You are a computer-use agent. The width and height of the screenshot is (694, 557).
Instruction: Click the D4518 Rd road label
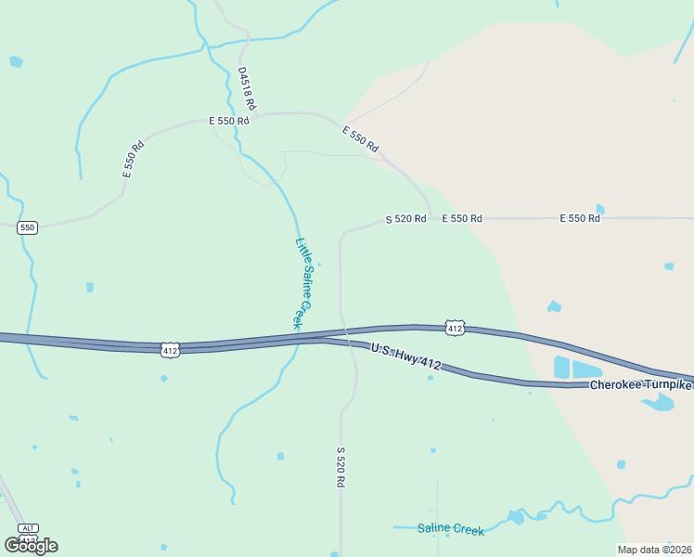tap(246, 88)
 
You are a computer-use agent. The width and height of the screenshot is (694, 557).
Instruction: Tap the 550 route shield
tap(28, 227)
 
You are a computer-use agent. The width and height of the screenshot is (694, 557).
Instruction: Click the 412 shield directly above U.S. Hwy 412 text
tap(454, 328)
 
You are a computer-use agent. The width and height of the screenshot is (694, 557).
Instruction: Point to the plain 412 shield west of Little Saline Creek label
tap(169, 350)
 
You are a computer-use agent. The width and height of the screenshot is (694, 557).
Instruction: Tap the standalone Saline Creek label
tap(451, 529)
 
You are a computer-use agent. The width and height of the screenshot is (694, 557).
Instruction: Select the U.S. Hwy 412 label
tap(405, 356)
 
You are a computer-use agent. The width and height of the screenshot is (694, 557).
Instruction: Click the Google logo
tap(32, 546)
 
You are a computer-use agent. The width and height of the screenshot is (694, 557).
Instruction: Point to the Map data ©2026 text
tap(655, 549)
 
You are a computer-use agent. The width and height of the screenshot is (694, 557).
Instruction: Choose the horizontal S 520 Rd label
tap(405, 219)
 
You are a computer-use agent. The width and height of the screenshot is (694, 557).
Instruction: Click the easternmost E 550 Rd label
tap(580, 218)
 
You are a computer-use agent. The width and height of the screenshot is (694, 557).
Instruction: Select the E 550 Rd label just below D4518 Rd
tap(229, 121)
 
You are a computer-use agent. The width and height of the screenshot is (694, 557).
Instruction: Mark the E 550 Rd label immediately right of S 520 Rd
tap(462, 218)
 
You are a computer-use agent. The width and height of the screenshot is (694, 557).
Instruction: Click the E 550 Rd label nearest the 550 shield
tap(134, 160)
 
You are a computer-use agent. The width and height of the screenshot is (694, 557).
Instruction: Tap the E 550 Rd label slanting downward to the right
tap(360, 139)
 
